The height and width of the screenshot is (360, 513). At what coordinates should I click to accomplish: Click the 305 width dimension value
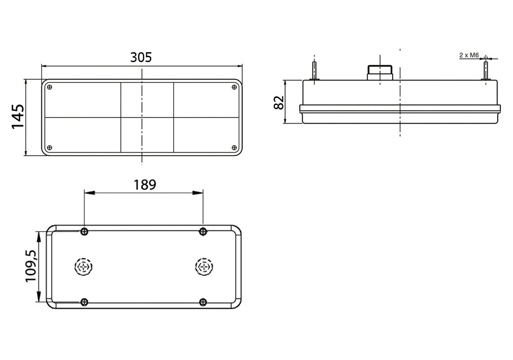point(141,57)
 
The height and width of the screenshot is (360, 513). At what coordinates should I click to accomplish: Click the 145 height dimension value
point(18,117)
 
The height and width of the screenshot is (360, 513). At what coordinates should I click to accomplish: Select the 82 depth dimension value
point(279,103)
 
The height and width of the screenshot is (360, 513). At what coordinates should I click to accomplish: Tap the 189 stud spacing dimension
point(144,184)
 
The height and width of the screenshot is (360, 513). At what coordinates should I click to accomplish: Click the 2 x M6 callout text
point(468,55)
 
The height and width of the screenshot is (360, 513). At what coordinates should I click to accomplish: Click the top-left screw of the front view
point(50,87)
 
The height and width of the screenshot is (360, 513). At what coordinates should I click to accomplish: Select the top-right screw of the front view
point(234,87)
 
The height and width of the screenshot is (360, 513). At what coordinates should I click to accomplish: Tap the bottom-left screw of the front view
point(50,148)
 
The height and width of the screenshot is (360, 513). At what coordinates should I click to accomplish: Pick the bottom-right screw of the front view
point(234,148)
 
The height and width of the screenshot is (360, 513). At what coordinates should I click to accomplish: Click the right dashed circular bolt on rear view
point(203,267)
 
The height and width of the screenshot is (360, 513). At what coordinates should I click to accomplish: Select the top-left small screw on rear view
point(85,232)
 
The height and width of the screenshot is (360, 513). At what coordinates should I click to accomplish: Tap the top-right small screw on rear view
point(203,232)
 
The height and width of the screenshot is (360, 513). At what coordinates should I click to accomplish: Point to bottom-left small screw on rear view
point(85,302)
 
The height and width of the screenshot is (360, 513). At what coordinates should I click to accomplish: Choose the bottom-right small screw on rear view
point(203,302)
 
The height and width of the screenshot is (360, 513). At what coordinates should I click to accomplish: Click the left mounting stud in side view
point(315,70)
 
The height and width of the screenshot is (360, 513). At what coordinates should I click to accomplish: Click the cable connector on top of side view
point(380,72)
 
